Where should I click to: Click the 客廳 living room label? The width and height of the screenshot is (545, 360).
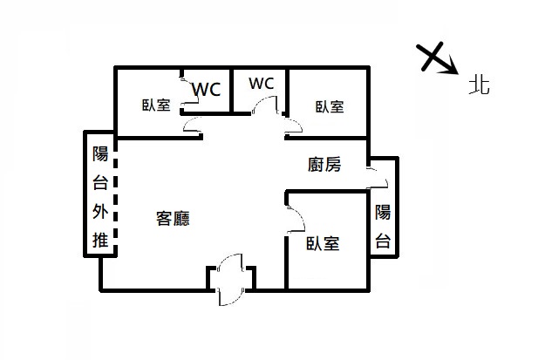pyautogui.click(x=173, y=219)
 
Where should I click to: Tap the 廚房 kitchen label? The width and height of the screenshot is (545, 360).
pyautogui.click(x=324, y=163)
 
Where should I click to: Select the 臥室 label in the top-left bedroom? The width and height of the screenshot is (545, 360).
pyautogui.click(x=156, y=106)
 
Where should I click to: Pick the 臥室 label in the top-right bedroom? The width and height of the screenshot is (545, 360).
pyautogui.click(x=330, y=106)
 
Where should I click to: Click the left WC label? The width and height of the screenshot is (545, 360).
pyautogui.click(x=206, y=89)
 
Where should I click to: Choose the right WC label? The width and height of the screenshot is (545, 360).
pyautogui.click(x=261, y=84)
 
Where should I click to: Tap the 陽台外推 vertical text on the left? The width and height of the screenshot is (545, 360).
pyautogui.click(x=100, y=198)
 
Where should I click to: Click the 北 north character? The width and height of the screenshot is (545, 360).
pyautogui.click(x=479, y=85)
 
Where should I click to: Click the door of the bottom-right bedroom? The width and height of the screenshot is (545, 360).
pyautogui.click(x=295, y=216)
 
